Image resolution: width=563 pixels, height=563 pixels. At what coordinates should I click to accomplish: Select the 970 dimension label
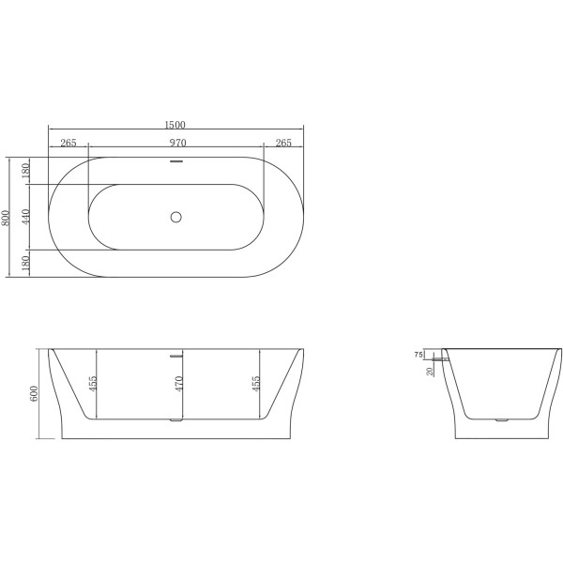[175, 144]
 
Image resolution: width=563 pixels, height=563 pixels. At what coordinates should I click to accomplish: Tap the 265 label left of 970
[68, 144]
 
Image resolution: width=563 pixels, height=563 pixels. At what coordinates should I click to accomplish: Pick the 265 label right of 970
[283, 144]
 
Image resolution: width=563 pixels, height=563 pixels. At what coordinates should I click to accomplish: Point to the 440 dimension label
[27, 217]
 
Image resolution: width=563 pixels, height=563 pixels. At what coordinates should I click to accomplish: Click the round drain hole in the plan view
[175, 217]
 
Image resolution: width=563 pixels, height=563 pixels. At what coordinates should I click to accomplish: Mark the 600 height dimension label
[35, 394]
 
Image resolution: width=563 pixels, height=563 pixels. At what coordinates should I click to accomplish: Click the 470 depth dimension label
[177, 385]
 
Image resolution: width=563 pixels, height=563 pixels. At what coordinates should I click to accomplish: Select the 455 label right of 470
[256, 385]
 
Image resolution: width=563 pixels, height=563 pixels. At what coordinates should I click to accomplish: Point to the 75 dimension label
[418, 355]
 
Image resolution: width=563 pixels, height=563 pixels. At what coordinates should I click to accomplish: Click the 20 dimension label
[431, 372]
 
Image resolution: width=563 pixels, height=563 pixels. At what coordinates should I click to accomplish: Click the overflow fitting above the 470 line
[175, 356]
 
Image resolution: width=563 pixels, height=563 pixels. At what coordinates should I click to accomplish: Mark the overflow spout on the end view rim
[439, 357]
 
